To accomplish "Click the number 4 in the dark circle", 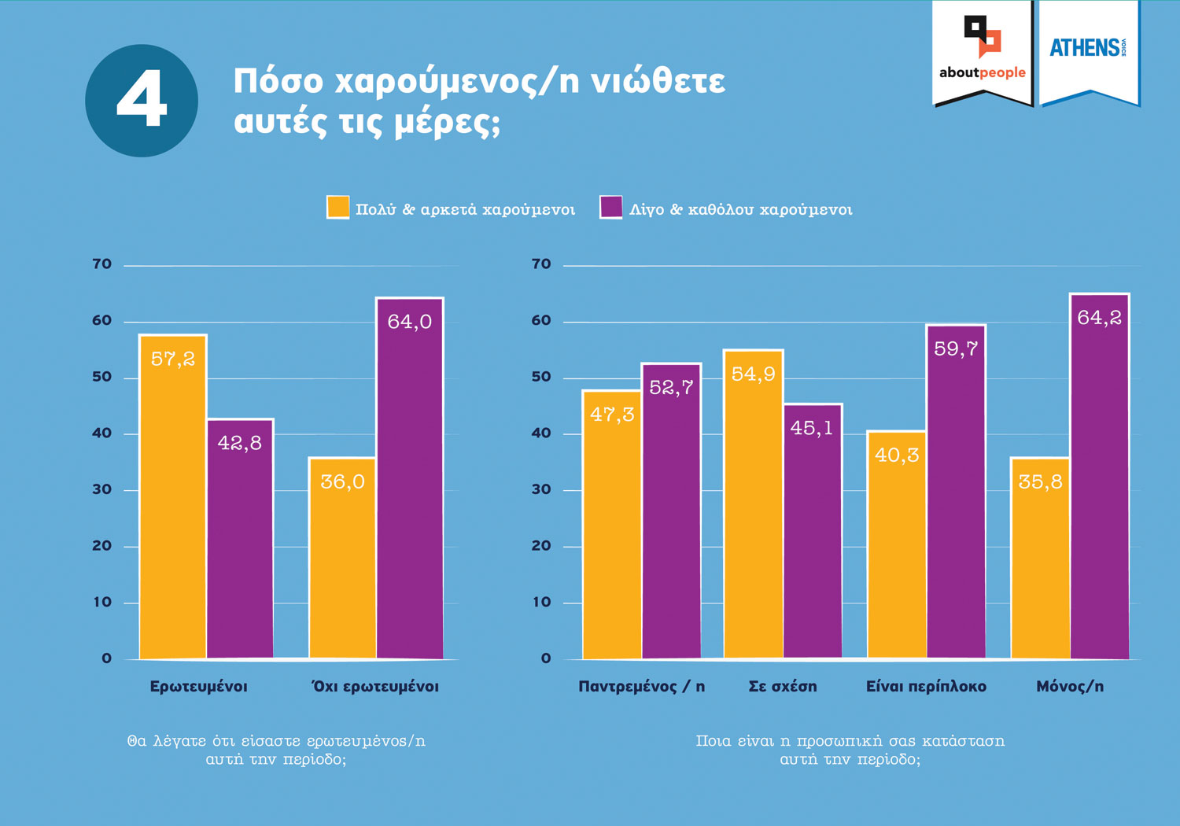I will point(142,100).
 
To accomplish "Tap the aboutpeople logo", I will point(982,51).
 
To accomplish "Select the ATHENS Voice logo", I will point(1090,49).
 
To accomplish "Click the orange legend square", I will point(337,208).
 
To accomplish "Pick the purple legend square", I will point(610,208).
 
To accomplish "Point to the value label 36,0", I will point(342,481).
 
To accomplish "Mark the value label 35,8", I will point(1040,481).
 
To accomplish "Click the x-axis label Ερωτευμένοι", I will point(198,687).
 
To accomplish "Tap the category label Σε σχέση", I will point(782,687).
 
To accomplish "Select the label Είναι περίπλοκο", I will point(926,687).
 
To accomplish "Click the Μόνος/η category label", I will point(1070,687).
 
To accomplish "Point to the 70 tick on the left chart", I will point(102,264).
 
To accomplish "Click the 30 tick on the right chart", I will point(541,489).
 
